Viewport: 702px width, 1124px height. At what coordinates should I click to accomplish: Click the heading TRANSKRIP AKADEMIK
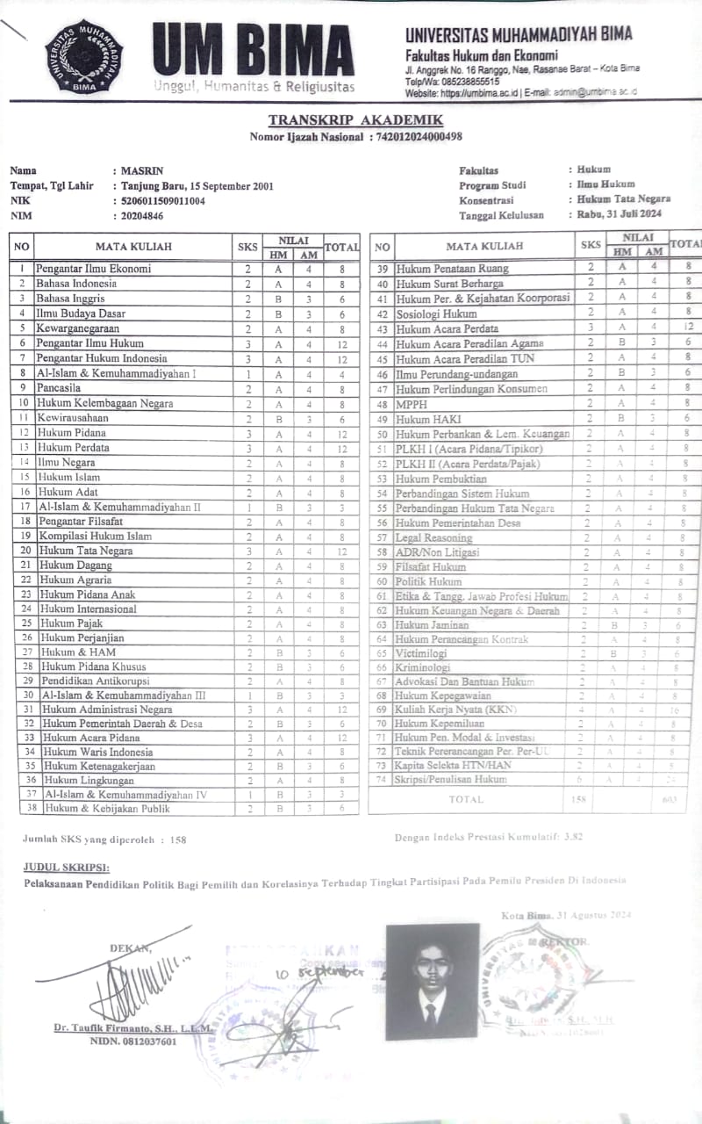[x=355, y=120]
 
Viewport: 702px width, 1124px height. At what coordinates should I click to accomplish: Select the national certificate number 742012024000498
[x=418, y=136]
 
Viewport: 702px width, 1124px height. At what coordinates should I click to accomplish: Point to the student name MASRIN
[x=142, y=170]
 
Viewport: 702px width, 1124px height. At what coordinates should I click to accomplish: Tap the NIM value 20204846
[x=141, y=215]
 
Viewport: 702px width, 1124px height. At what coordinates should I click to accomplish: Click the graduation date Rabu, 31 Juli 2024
[x=619, y=214]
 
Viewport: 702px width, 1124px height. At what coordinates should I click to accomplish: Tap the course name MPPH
[x=411, y=404]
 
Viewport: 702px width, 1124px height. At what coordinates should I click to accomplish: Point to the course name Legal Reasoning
[x=433, y=537]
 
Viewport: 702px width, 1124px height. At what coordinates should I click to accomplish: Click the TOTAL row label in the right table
[x=465, y=800]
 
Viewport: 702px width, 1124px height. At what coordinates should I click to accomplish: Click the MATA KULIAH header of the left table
[x=133, y=247]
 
